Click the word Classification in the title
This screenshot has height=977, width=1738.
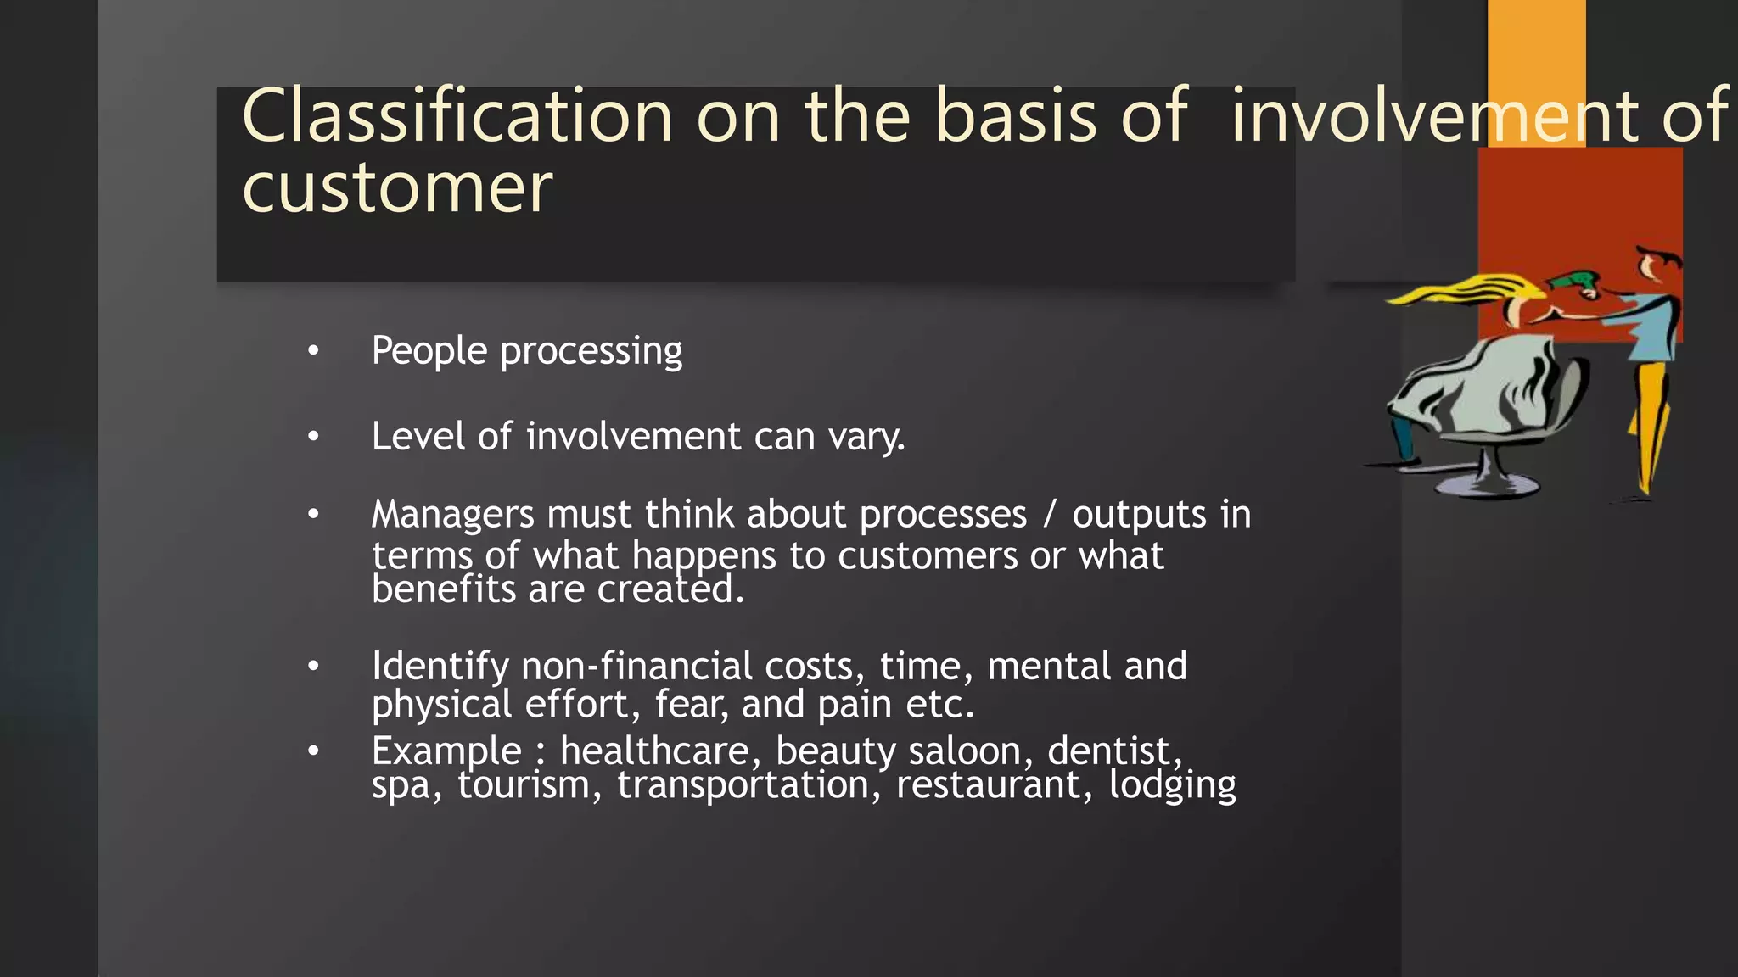point(457,116)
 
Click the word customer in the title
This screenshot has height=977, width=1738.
point(397,188)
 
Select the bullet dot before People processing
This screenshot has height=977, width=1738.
point(313,350)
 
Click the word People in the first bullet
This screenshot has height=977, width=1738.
point(429,350)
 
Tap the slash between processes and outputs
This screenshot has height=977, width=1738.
point(1050,514)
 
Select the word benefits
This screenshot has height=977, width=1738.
point(443,589)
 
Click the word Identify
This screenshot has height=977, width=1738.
point(440,667)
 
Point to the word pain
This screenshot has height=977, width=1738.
point(854,705)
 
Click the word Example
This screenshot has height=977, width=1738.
point(446,751)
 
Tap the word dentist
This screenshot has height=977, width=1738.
point(1113,751)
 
